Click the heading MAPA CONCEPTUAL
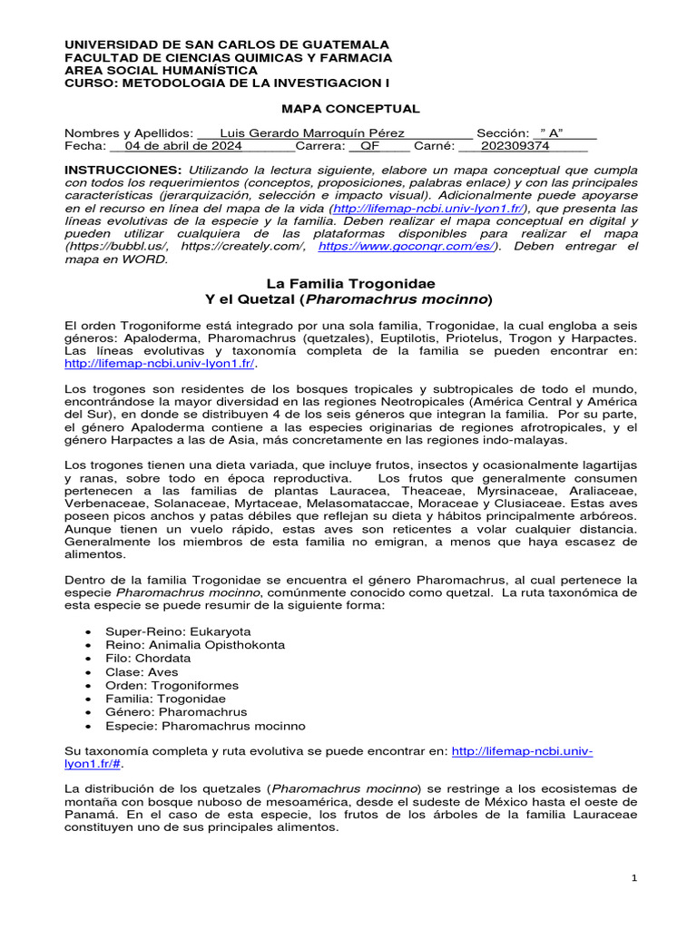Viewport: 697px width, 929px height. tap(349, 109)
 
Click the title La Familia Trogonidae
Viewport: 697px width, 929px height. tap(349, 284)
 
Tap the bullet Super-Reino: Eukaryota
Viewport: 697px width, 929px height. tap(178, 631)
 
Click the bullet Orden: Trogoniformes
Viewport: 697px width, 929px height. tap(172, 685)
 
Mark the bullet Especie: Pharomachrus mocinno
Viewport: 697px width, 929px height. tap(205, 726)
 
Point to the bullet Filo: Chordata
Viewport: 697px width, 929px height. tap(148, 658)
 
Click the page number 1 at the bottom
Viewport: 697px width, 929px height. tap(635, 878)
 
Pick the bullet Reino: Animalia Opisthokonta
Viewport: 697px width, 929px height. tap(194, 644)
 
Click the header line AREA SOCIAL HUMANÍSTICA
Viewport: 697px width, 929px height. tap(161, 70)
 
